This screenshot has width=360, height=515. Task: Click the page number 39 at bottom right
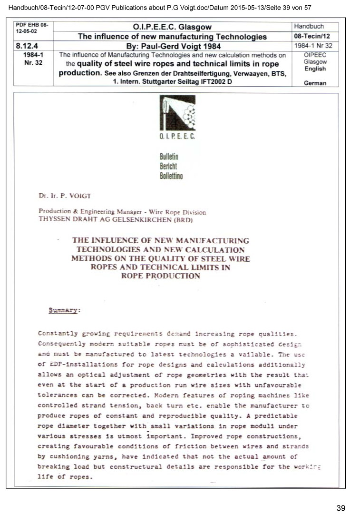tap(341, 508)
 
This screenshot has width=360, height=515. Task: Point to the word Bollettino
tap(171, 176)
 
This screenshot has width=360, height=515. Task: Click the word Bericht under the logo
tap(168, 167)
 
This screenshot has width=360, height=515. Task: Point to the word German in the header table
tap(315, 83)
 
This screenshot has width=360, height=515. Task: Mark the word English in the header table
tap(315, 69)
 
